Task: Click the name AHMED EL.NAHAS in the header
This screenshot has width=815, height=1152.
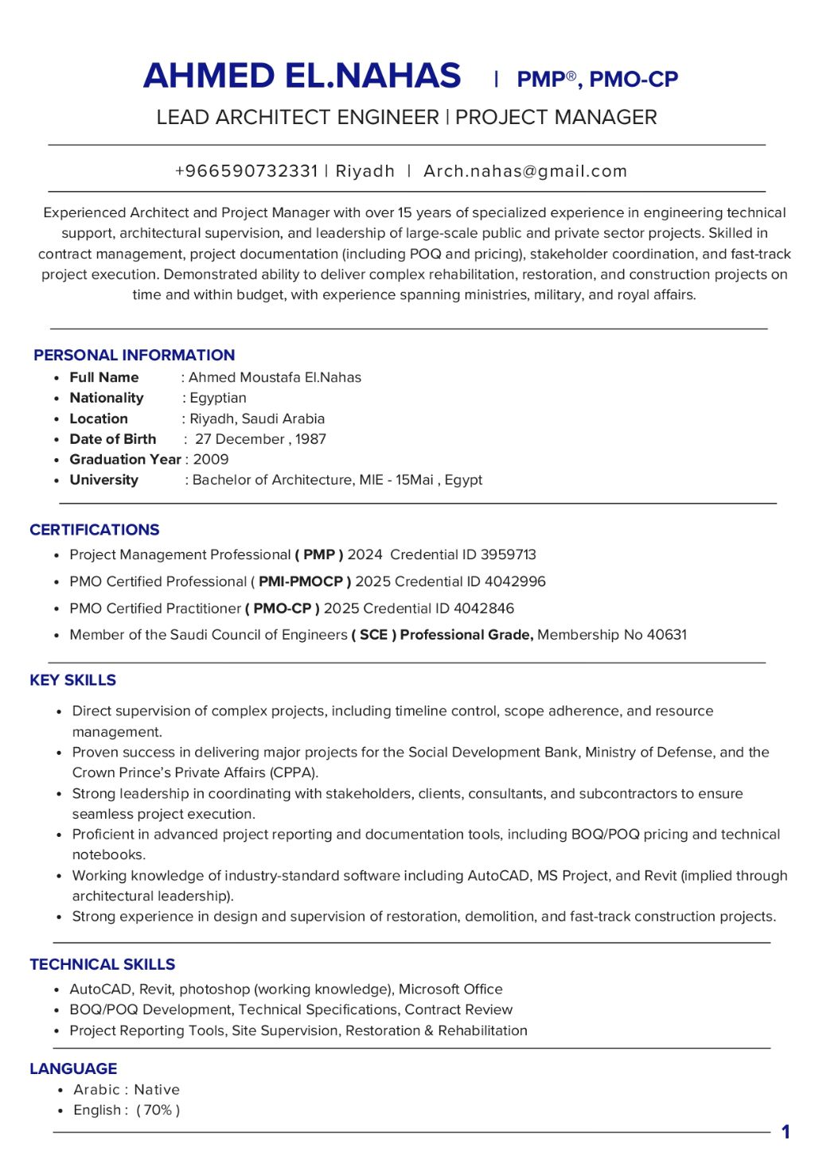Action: click(x=302, y=76)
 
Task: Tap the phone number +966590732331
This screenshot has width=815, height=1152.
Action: click(x=246, y=171)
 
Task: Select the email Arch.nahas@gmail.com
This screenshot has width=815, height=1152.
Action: click(x=525, y=171)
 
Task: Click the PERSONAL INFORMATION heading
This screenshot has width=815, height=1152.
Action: click(x=134, y=355)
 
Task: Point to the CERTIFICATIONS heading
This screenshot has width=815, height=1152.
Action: click(x=94, y=530)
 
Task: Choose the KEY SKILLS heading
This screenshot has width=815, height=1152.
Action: click(x=72, y=680)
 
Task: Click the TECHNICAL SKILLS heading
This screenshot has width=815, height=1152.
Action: click(x=102, y=964)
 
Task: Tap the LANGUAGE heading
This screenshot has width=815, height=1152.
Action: click(x=73, y=1068)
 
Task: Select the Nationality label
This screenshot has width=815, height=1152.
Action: click(x=107, y=398)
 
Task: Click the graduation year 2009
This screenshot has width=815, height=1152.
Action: click(x=211, y=459)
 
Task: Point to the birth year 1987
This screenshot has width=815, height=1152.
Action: click(x=310, y=439)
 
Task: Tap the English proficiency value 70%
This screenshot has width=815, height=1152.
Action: click(x=158, y=1110)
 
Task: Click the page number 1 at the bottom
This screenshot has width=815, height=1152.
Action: click(x=786, y=1131)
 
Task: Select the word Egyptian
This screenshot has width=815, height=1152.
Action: click(x=218, y=398)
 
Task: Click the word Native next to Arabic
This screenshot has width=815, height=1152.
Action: click(x=157, y=1090)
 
